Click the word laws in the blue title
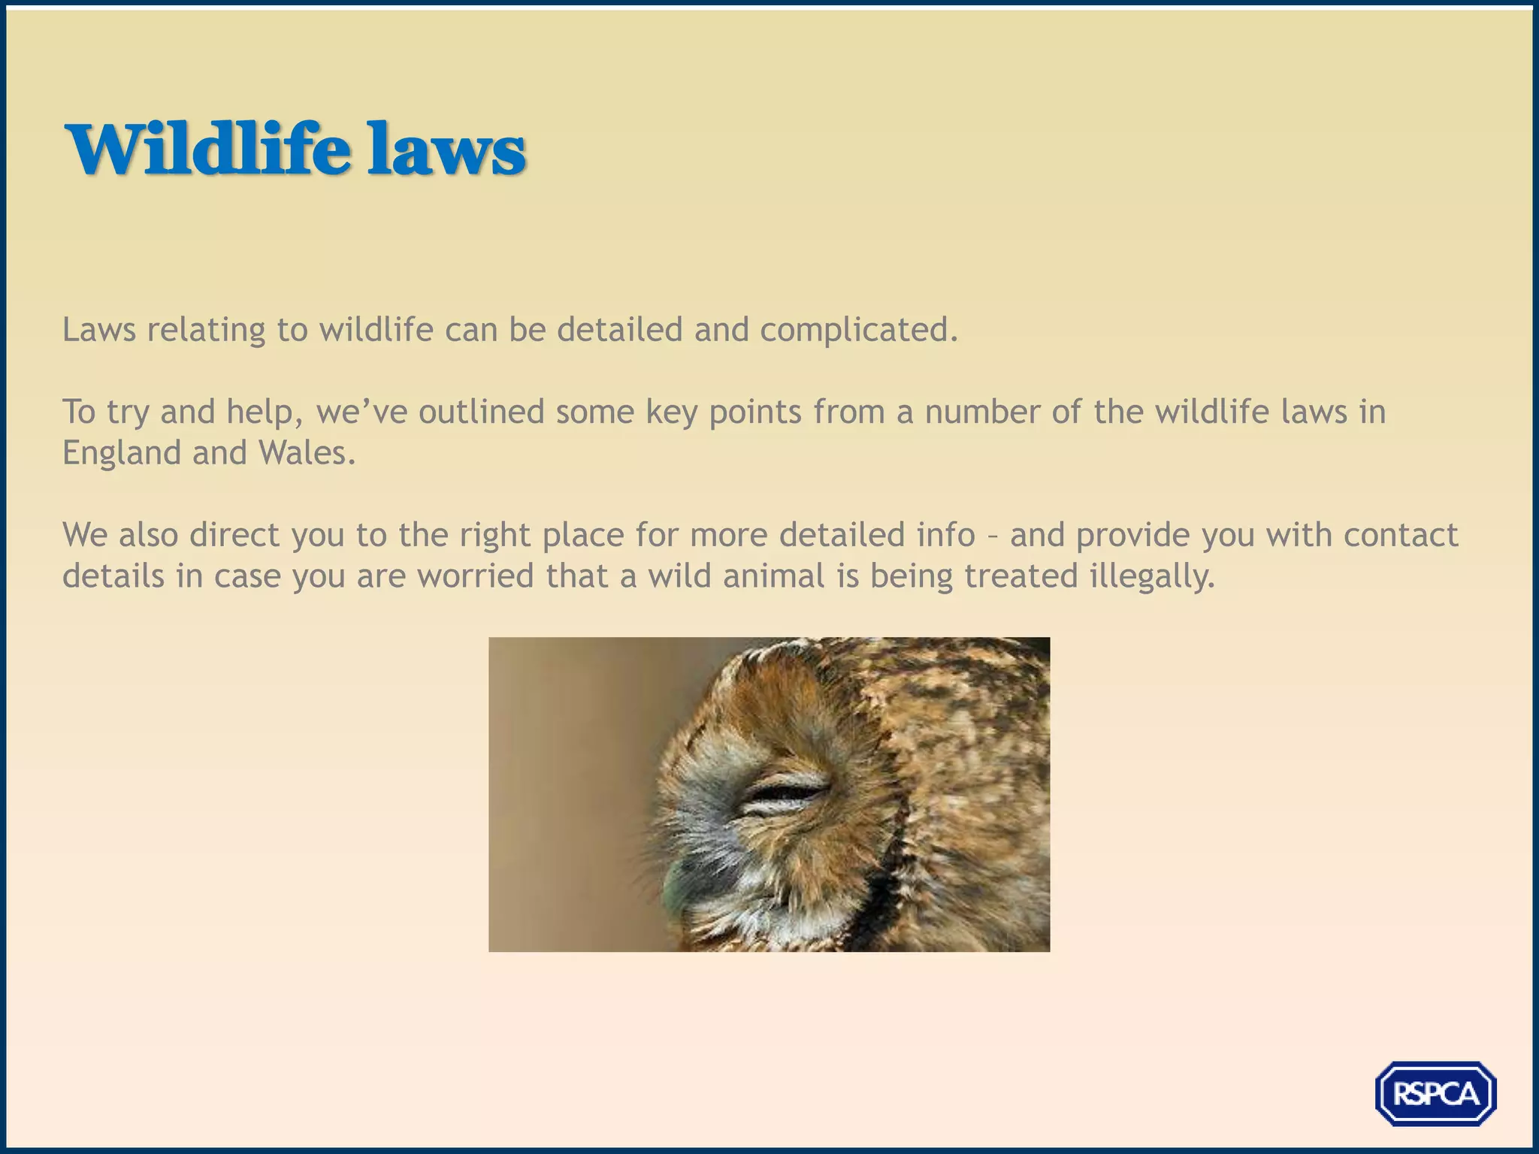[x=446, y=150]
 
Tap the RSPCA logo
[x=1435, y=1093]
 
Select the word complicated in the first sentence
[x=858, y=330]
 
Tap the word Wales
[x=306, y=453]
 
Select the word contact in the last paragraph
[x=1401, y=535]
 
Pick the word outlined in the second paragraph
[x=481, y=412]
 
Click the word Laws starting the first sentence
[x=98, y=330]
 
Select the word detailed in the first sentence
[x=619, y=330]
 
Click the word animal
[x=773, y=576]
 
